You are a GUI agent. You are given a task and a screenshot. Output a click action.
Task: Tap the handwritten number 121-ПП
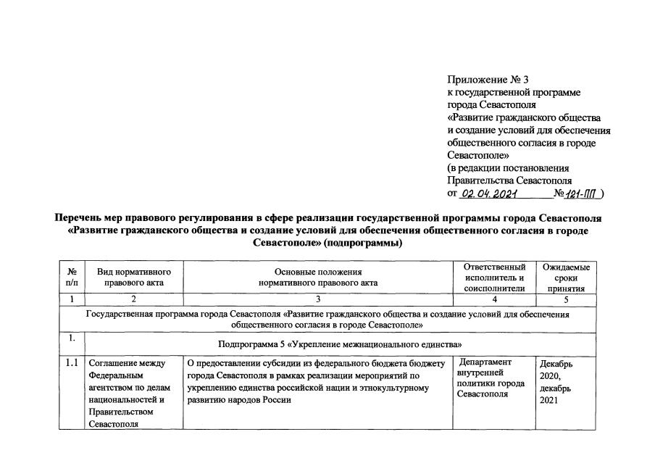(585, 194)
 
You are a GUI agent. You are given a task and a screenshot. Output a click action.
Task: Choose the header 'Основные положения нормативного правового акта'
(318, 276)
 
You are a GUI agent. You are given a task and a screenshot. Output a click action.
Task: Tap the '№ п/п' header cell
(72, 276)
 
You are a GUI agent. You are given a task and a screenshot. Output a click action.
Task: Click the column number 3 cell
(318, 299)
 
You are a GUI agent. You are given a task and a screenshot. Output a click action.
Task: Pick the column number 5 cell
(566, 299)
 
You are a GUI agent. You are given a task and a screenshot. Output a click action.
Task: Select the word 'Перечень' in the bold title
(79, 218)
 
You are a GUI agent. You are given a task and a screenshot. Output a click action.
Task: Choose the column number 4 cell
(493, 299)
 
